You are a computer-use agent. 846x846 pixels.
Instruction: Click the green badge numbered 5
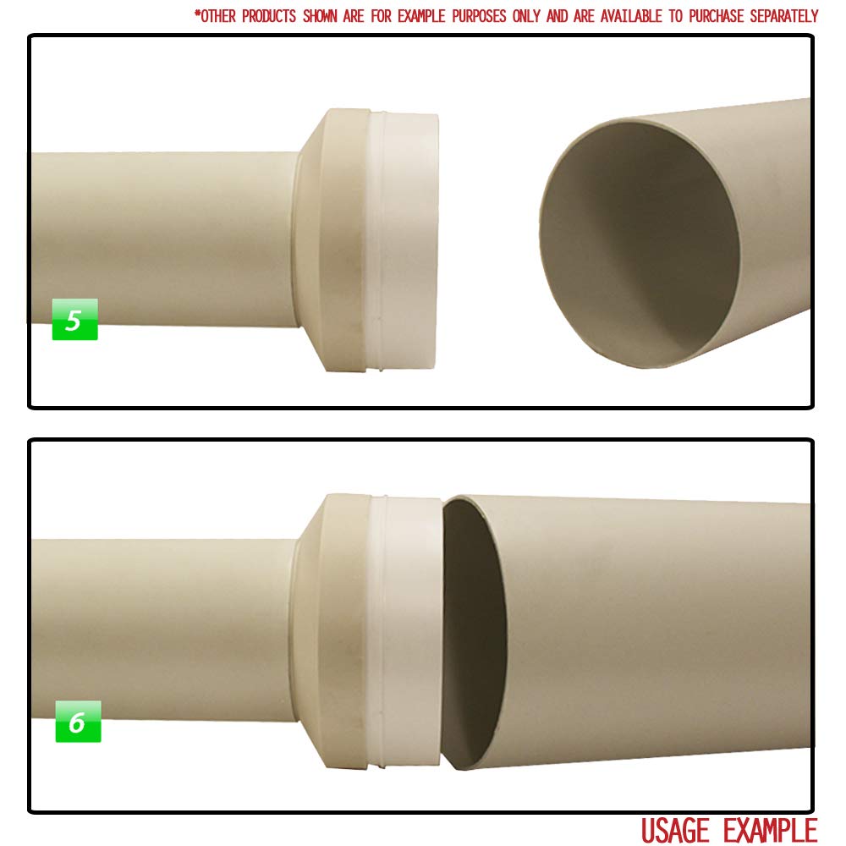(x=75, y=320)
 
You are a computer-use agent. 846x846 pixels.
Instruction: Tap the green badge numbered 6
(x=78, y=722)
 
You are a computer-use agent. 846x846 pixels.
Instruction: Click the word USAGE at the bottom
(x=675, y=830)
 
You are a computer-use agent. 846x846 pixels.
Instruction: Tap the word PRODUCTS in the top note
(x=269, y=16)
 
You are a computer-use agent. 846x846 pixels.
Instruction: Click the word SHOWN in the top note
(x=320, y=16)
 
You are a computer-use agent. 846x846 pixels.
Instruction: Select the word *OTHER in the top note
(x=215, y=16)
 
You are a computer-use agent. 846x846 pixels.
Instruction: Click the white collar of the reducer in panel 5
(x=404, y=241)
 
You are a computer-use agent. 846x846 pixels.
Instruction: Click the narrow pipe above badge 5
(x=162, y=239)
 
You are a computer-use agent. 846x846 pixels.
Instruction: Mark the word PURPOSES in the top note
(x=479, y=16)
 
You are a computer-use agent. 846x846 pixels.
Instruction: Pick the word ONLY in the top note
(x=526, y=16)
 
